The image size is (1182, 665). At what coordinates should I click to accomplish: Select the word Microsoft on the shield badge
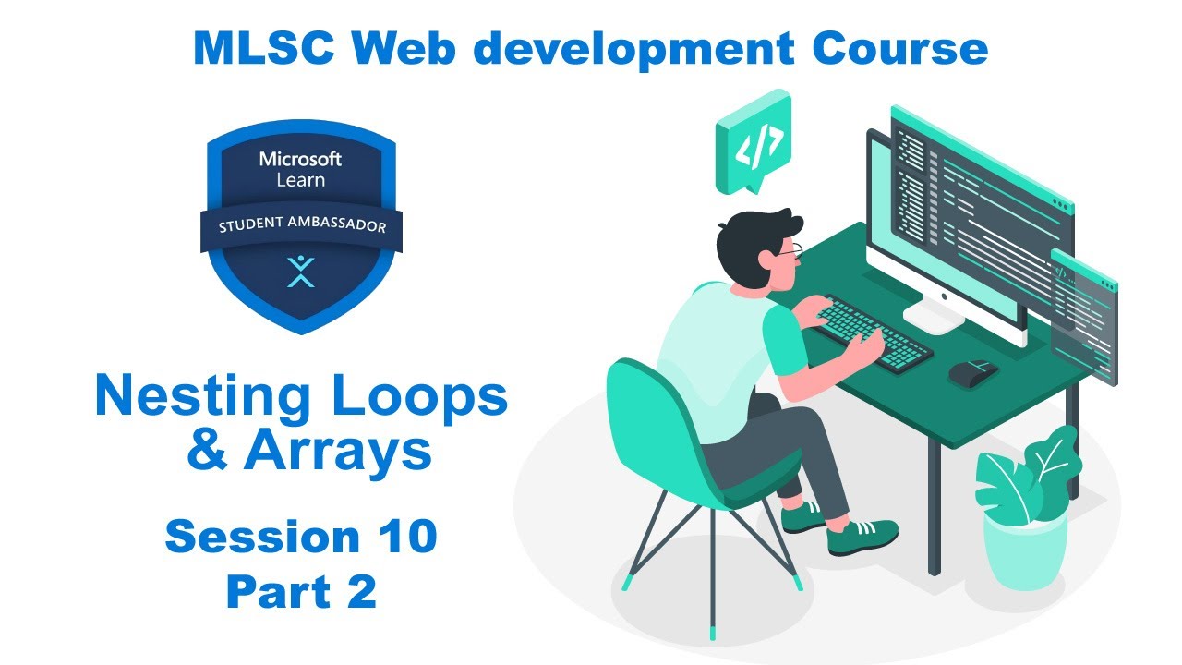coord(300,159)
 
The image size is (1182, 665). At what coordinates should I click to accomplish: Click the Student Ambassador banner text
coord(301,226)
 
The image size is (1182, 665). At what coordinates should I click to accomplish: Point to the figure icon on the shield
coord(300,272)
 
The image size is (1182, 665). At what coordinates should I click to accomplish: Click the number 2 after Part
coord(361,592)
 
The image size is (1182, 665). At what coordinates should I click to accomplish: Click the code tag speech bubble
coord(753,145)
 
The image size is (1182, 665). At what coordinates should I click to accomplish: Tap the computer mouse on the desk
coord(972,372)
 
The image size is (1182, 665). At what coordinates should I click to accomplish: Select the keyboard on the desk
coord(874,334)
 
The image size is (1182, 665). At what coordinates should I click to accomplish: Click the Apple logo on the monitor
coord(943,299)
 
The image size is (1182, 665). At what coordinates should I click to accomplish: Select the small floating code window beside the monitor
coord(1084,315)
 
